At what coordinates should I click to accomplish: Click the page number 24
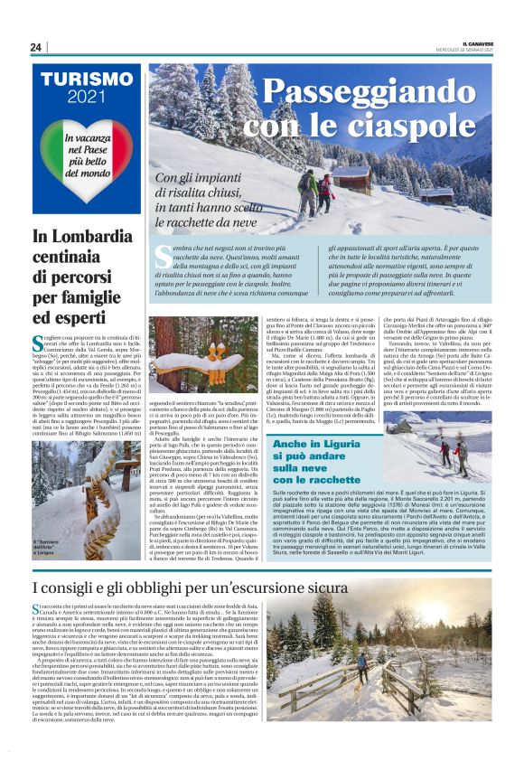tap(36, 47)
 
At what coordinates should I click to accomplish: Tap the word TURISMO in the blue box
tap(87, 80)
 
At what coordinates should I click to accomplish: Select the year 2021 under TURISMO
tap(87, 98)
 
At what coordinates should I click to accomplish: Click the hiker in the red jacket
tap(325, 193)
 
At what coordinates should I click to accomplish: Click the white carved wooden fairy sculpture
tap(218, 357)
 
